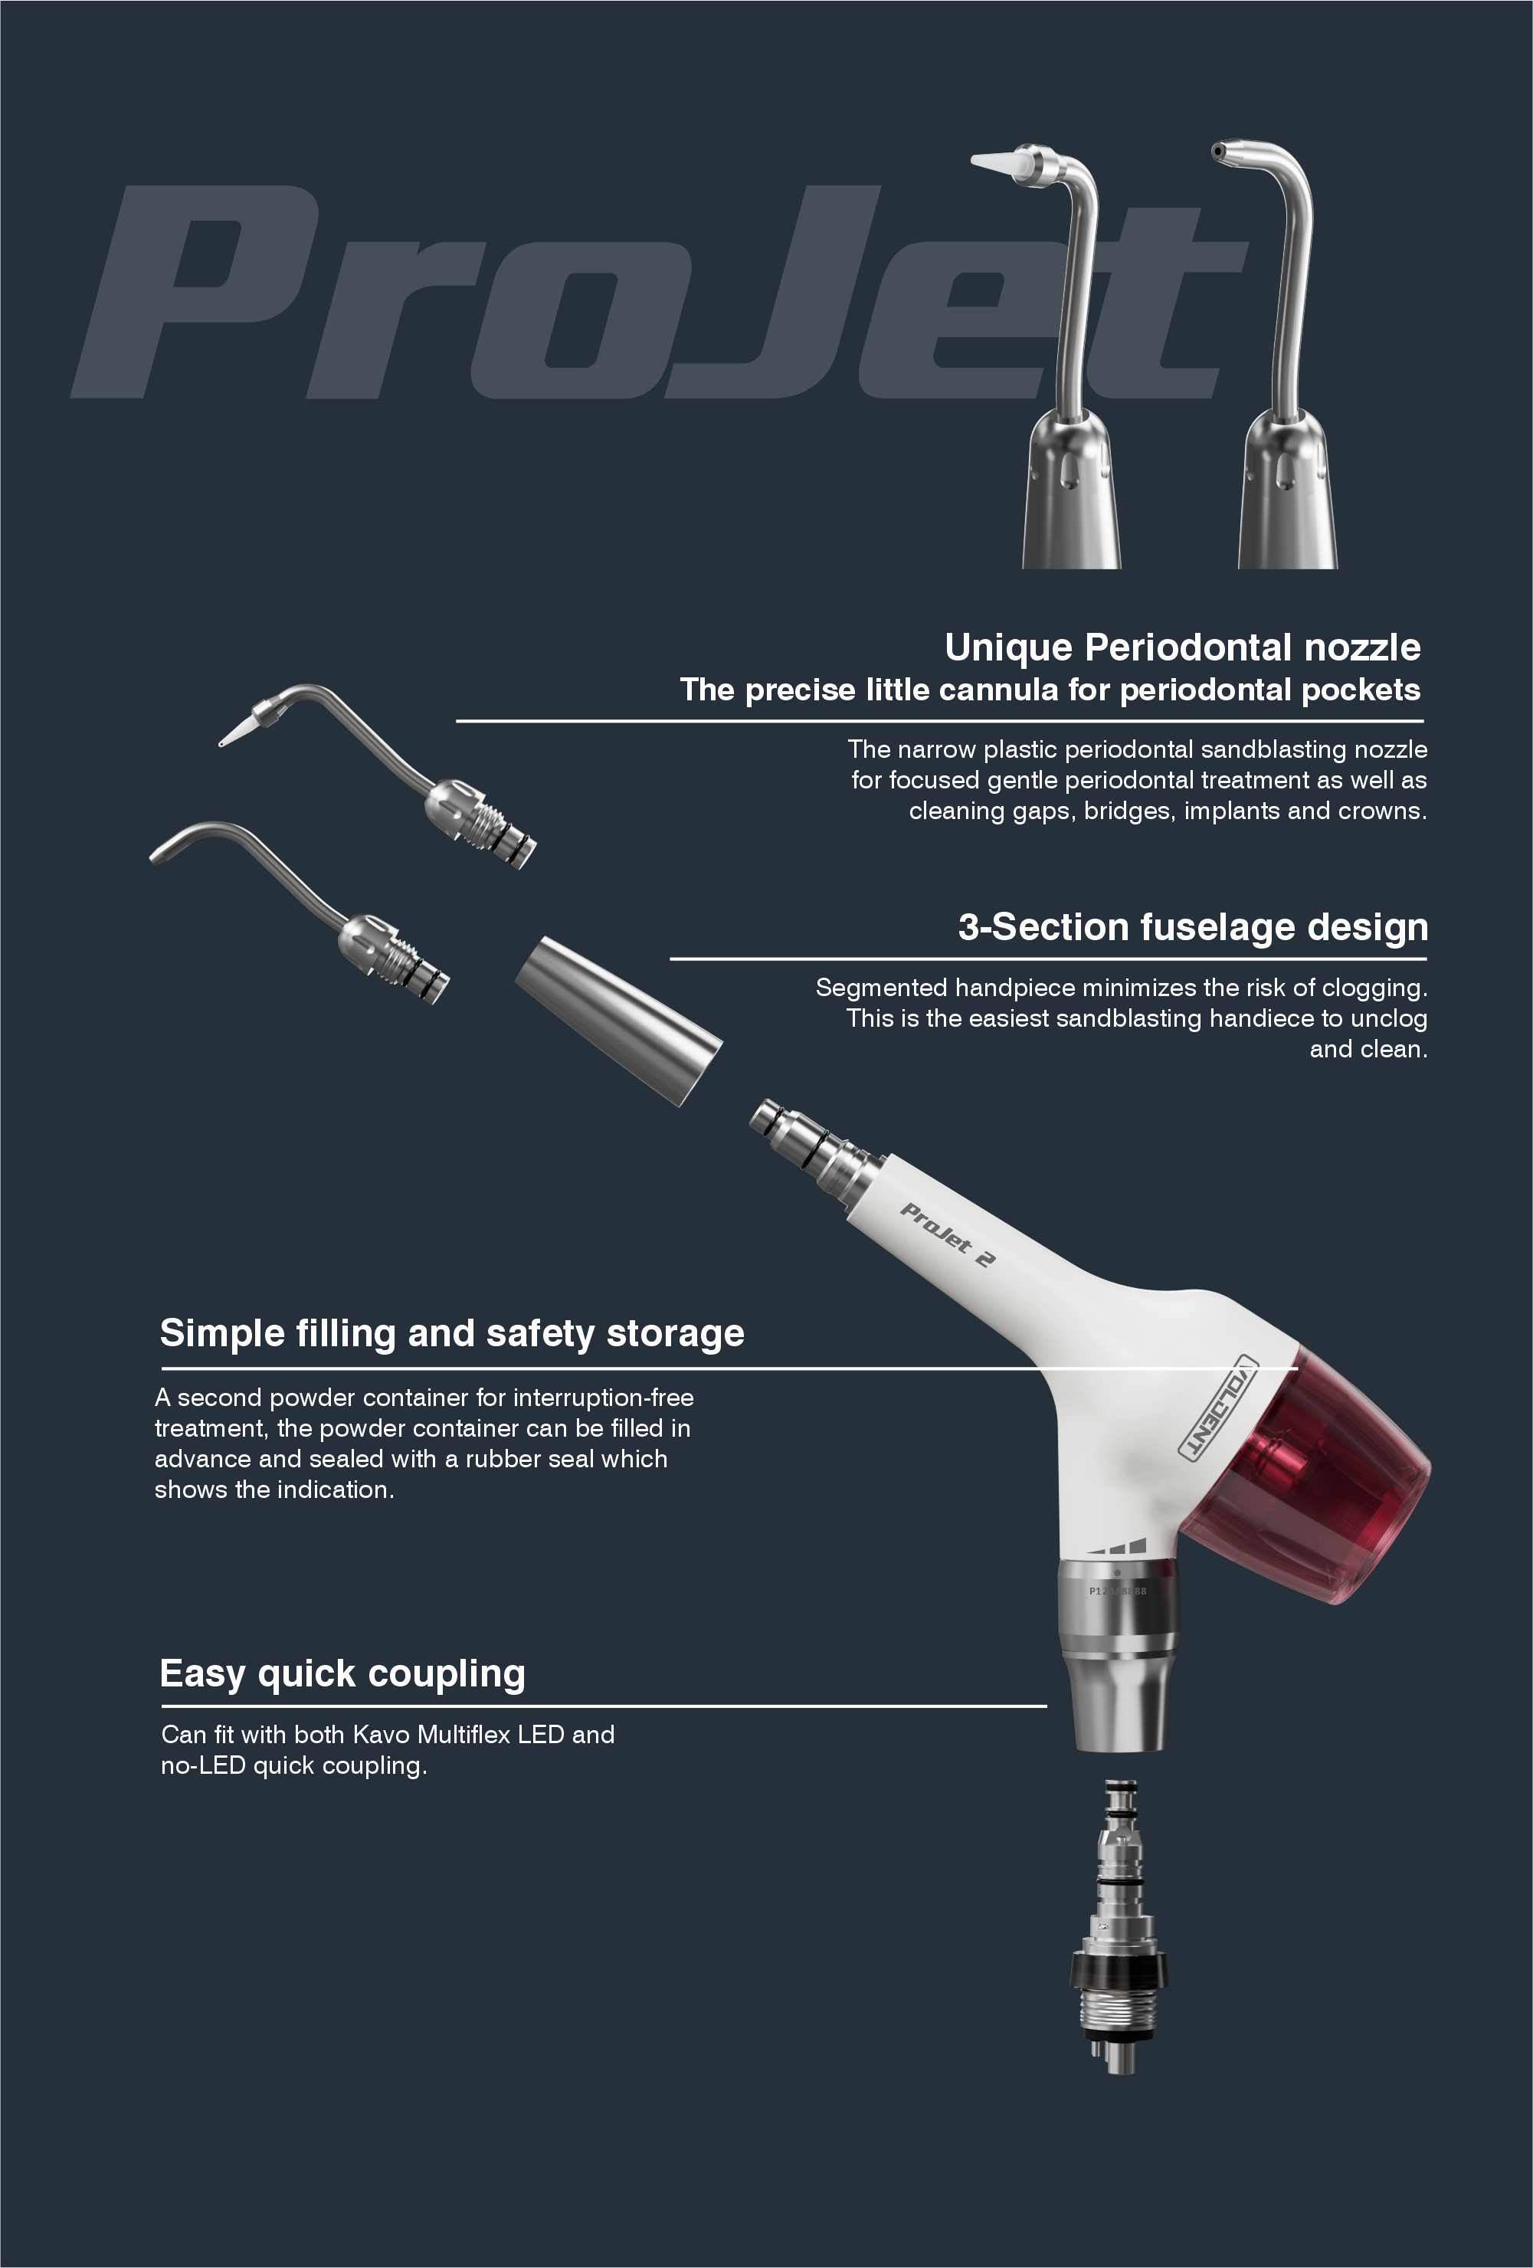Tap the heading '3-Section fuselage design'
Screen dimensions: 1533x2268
[x=1192, y=927]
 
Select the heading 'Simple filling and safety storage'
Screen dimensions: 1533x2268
[x=452, y=1334]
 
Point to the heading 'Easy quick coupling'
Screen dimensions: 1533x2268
[x=342, y=1673]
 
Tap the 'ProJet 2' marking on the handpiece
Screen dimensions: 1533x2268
[x=946, y=1234]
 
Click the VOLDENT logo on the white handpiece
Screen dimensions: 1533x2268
[x=1219, y=1406]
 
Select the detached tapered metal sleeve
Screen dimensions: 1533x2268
[x=619, y=1021]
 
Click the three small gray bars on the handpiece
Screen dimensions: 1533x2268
[x=1119, y=1545]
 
